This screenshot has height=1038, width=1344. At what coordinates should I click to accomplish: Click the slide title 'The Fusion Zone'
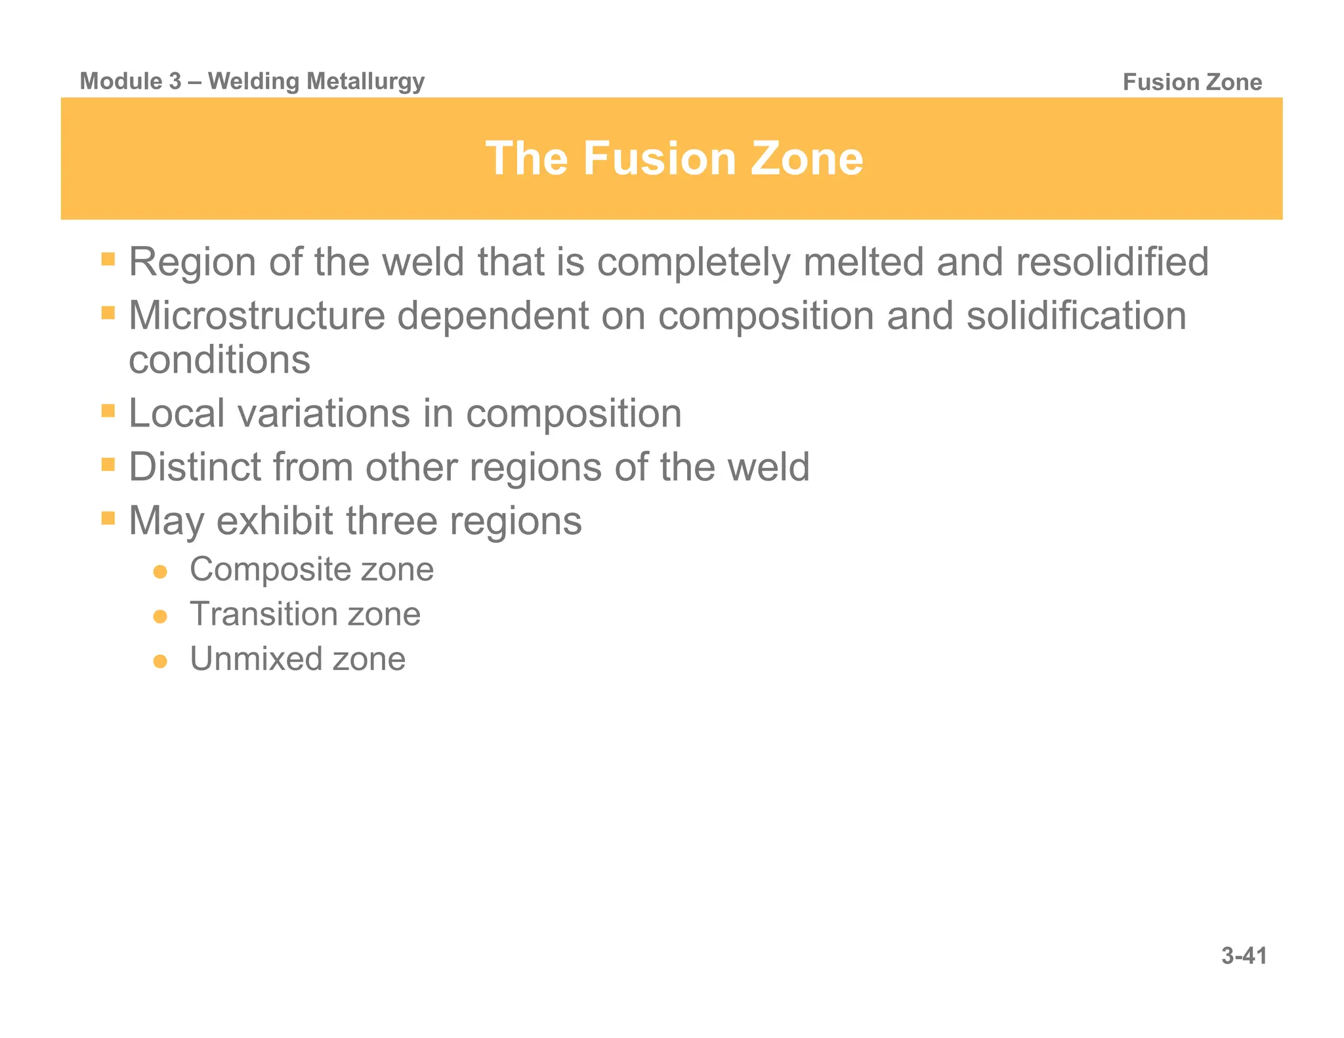(674, 159)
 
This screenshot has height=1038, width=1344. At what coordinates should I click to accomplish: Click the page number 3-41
(1244, 956)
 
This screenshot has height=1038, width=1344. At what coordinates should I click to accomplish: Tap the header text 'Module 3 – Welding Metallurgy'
(252, 81)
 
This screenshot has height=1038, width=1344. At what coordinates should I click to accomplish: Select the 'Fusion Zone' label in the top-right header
(1192, 82)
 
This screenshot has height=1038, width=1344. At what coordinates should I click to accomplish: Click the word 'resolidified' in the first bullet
(1112, 262)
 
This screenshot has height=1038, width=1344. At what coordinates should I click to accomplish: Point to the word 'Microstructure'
(256, 316)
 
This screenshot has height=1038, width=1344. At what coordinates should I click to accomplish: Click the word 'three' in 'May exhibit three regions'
(392, 521)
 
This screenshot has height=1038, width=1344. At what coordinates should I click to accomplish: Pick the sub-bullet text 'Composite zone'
(312, 569)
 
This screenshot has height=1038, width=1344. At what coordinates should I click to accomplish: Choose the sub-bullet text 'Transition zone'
(305, 614)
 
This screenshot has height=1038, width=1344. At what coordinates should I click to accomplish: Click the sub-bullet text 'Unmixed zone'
(297, 659)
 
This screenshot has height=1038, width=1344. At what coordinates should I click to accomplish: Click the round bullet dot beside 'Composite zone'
(160, 572)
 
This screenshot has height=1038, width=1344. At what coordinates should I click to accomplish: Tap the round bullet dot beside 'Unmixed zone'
(160, 661)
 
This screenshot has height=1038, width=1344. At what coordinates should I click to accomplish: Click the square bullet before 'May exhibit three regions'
(108, 518)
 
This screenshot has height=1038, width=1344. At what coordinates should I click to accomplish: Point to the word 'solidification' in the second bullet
(1076, 316)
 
